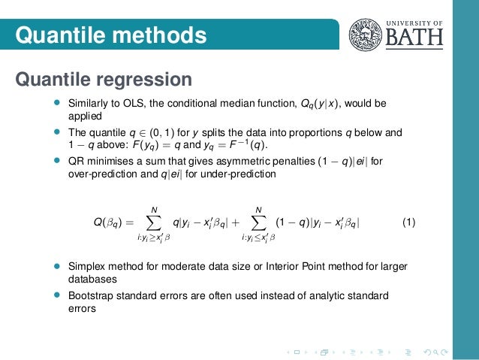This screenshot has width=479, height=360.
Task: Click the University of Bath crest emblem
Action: click(x=363, y=34)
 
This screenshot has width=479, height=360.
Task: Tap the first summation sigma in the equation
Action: click(x=155, y=222)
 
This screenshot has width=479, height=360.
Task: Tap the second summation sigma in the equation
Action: click(x=258, y=222)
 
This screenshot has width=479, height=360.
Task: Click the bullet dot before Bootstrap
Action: click(x=55, y=295)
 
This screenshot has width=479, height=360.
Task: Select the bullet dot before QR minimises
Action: click(x=55, y=160)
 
